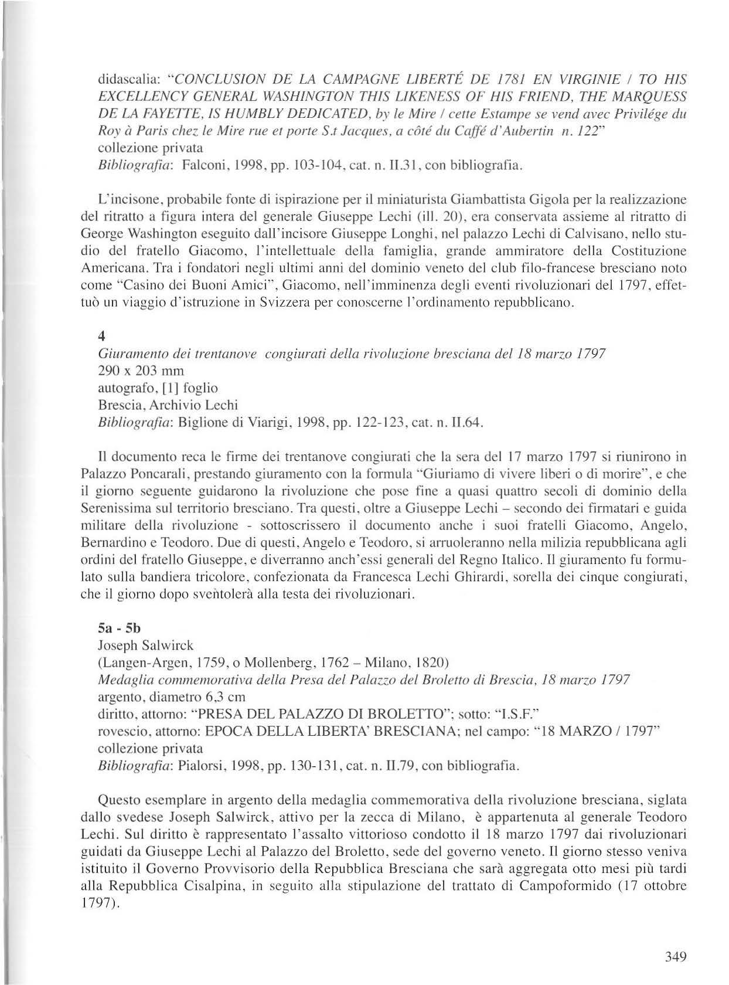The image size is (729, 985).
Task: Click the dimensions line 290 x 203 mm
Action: coord(141,371)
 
